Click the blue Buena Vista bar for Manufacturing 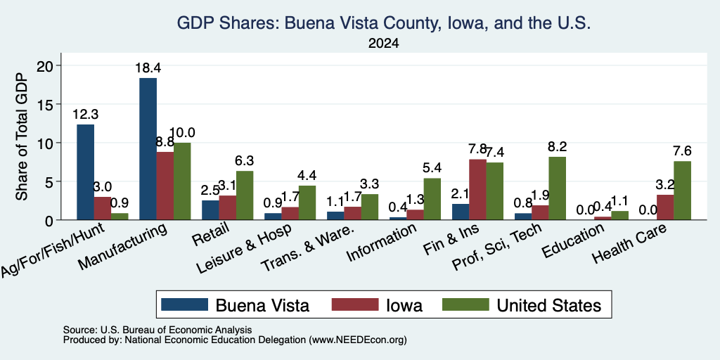pyautogui.click(x=148, y=149)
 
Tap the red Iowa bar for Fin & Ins pyautogui.click(x=477, y=190)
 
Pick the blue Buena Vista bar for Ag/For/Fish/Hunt pyautogui.click(x=85, y=172)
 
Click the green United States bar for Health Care pyautogui.click(x=682, y=191)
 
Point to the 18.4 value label pyautogui.click(x=148, y=68)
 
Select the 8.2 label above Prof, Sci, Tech pyautogui.click(x=558, y=147)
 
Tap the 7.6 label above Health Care pyautogui.click(x=682, y=151)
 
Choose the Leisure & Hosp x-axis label pyautogui.click(x=244, y=249)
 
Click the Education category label pyautogui.click(x=574, y=241)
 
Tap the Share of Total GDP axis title pyautogui.click(x=22, y=136)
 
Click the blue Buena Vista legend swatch pyautogui.click(x=185, y=304)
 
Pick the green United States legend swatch pyautogui.click(x=465, y=304)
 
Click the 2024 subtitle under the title pyautogui.click(x=383, y=44)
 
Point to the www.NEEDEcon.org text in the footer pyautogui.click(x=358, y=340)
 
